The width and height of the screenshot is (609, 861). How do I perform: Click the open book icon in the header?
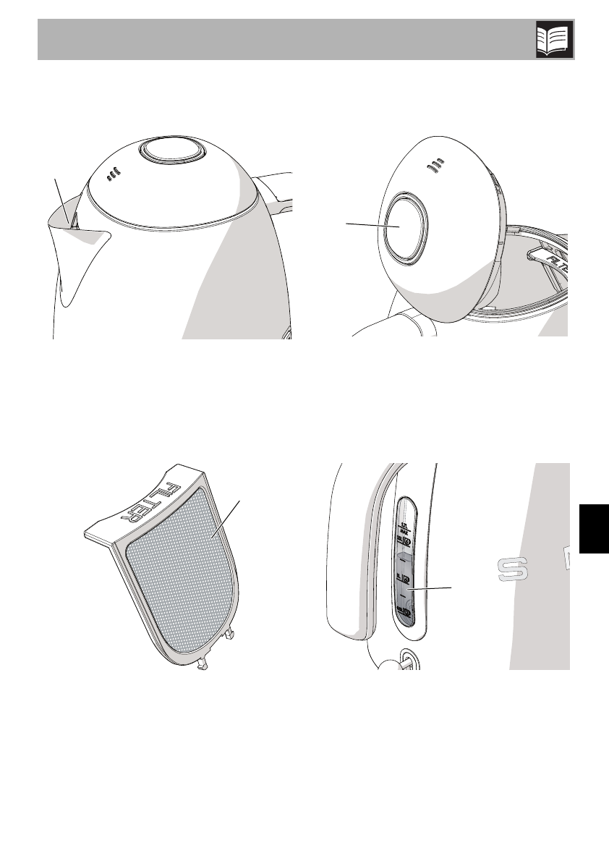pyautogui.click(x=554, y=39)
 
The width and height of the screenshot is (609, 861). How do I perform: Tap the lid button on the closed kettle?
pyautogui.click(x=171, y=152)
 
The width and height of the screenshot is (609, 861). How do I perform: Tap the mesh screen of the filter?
pyautogui.click(x=181, y=572)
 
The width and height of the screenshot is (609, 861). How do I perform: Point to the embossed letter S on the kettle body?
pyautogui.click(x=513, y=569)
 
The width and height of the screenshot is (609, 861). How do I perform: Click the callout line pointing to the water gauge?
pyautogui.click(x=431, y=590)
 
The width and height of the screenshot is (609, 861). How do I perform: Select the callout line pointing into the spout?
pyautogui.click(x=63, y=199)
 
